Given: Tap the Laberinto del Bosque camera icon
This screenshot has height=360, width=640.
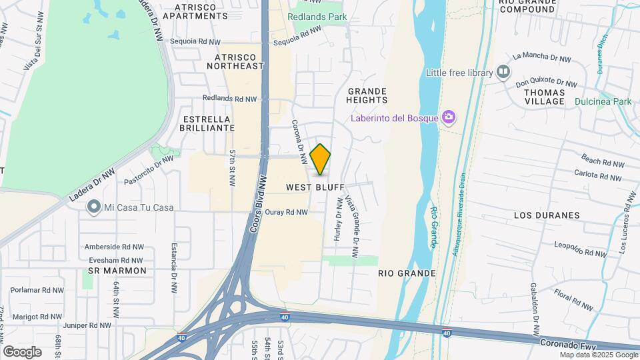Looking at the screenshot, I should point(449,118).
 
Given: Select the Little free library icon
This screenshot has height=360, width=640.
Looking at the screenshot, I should point(503,71).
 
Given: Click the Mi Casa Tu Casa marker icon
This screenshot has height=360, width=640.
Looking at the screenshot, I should point(94,207).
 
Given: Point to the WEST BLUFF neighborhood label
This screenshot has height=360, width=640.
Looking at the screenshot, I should point(315,188).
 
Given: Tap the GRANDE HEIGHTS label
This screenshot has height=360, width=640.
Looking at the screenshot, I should point(367,95).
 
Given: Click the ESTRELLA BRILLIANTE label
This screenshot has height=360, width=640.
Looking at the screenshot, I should point(208,123).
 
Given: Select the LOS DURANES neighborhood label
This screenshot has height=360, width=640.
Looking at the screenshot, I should point(547,215).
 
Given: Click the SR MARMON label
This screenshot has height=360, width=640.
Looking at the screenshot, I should point(117,271).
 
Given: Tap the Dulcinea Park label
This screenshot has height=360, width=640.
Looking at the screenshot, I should point(603,101).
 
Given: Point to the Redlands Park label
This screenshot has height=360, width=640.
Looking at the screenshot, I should point(318,16).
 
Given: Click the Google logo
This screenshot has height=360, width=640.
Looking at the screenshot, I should point(22,351).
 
